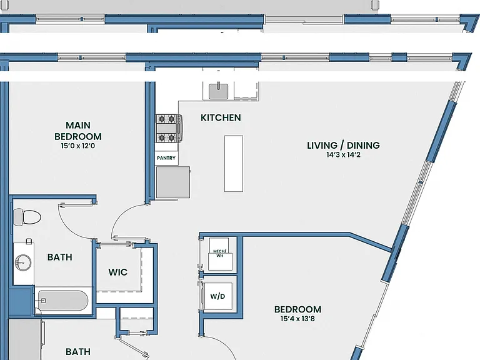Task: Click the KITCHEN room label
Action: pos(221,117)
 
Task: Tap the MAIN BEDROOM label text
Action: pos(78,131)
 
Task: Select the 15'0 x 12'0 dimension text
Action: pos(78,146)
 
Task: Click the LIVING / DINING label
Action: pos(343,145)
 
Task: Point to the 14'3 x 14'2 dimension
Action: pos(343,155)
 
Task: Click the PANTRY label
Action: pos(166,158)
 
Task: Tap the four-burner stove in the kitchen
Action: pos(169,129)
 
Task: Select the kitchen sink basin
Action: pos(218,91)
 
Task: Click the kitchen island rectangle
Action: pos(234,164)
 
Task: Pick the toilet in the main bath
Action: pos(27,217)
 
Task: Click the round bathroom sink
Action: pos(23,262)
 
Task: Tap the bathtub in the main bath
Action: pos(63,301)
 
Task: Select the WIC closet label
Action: pos(118,272)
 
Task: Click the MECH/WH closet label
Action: pos(220,254)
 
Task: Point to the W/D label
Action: pos(217,296)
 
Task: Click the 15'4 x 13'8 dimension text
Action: pos(297,319)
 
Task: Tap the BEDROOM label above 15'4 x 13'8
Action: pos(298,309)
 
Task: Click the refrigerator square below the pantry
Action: pos(173,182)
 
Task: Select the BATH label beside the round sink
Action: pos(60,257)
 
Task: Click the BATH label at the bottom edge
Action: pos(78,352)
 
